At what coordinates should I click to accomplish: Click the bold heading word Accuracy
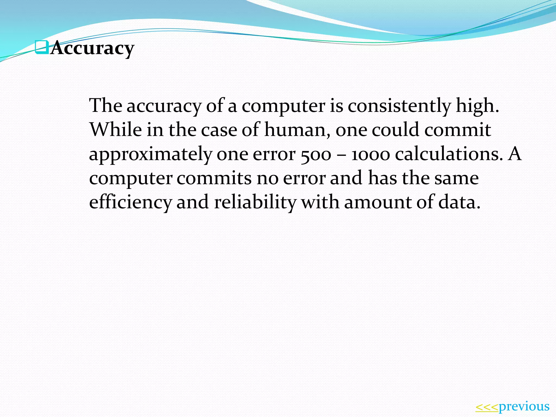coord(92,48)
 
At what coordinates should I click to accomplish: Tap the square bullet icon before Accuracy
coord(42,47)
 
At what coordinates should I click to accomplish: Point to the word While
coord(116,129)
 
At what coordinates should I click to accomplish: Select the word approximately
coord(150,154)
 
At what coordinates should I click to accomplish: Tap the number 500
coord(316,154)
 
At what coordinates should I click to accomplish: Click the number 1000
coord(371,154)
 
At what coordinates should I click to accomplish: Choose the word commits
coord(214,178)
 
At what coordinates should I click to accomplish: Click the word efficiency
coord(131,203)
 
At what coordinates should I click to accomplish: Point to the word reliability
coord(255,203)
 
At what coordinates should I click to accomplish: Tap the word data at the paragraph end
coord(459,203)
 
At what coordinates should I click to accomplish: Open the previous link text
coord(524,406)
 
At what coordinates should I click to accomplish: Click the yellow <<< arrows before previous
coord(487,407)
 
